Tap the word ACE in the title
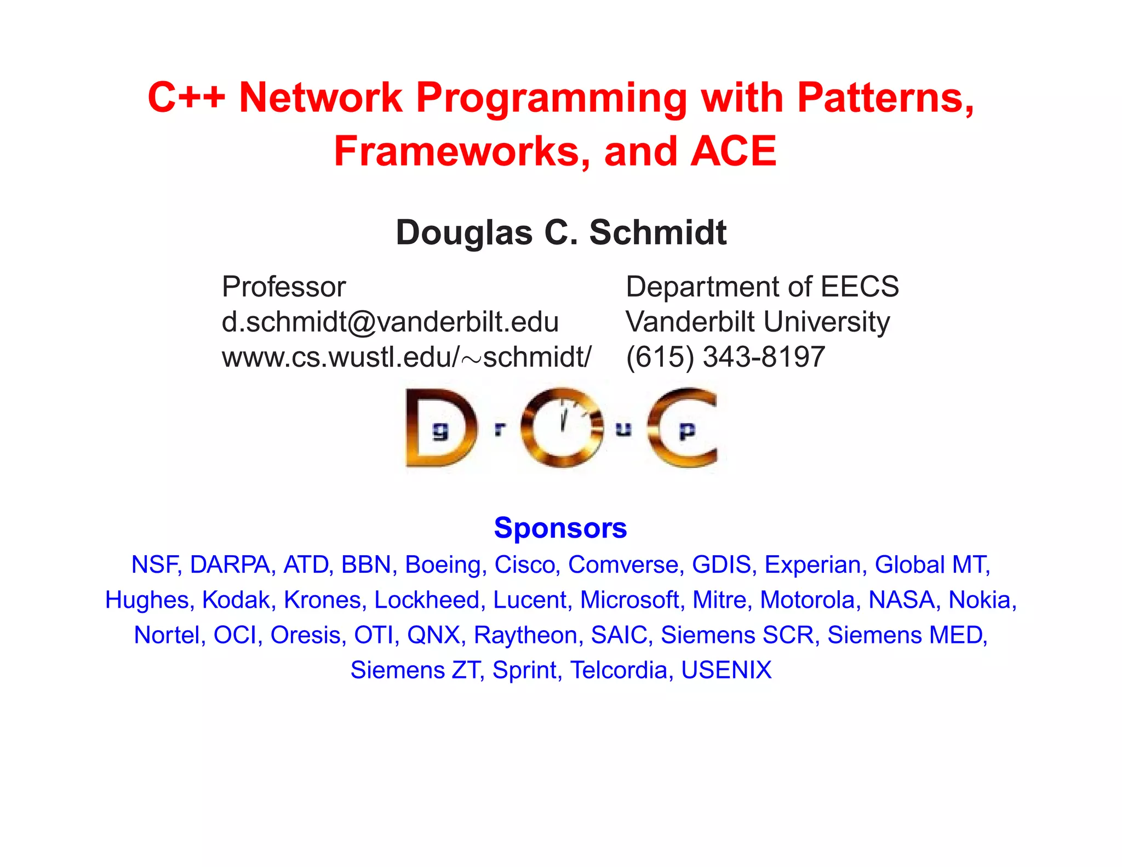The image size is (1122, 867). [x=733, y=151]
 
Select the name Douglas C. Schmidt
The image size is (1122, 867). [x=561, y=232]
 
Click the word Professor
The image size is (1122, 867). [x=284, y=287]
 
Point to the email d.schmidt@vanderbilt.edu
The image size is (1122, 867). [x=390, y=322]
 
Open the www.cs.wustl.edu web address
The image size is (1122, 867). [x=407, y=357]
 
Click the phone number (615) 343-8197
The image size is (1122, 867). [x=725, y=357]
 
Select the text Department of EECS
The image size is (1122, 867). [x=762, y=287]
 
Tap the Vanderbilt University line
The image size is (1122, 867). [x=758, y=322]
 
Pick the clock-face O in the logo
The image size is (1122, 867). [x=562, y=427]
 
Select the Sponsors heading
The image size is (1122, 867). [x=560, y=528]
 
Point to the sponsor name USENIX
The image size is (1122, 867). [x=726, y=670]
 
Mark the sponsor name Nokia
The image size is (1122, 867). [x=982, y=600]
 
